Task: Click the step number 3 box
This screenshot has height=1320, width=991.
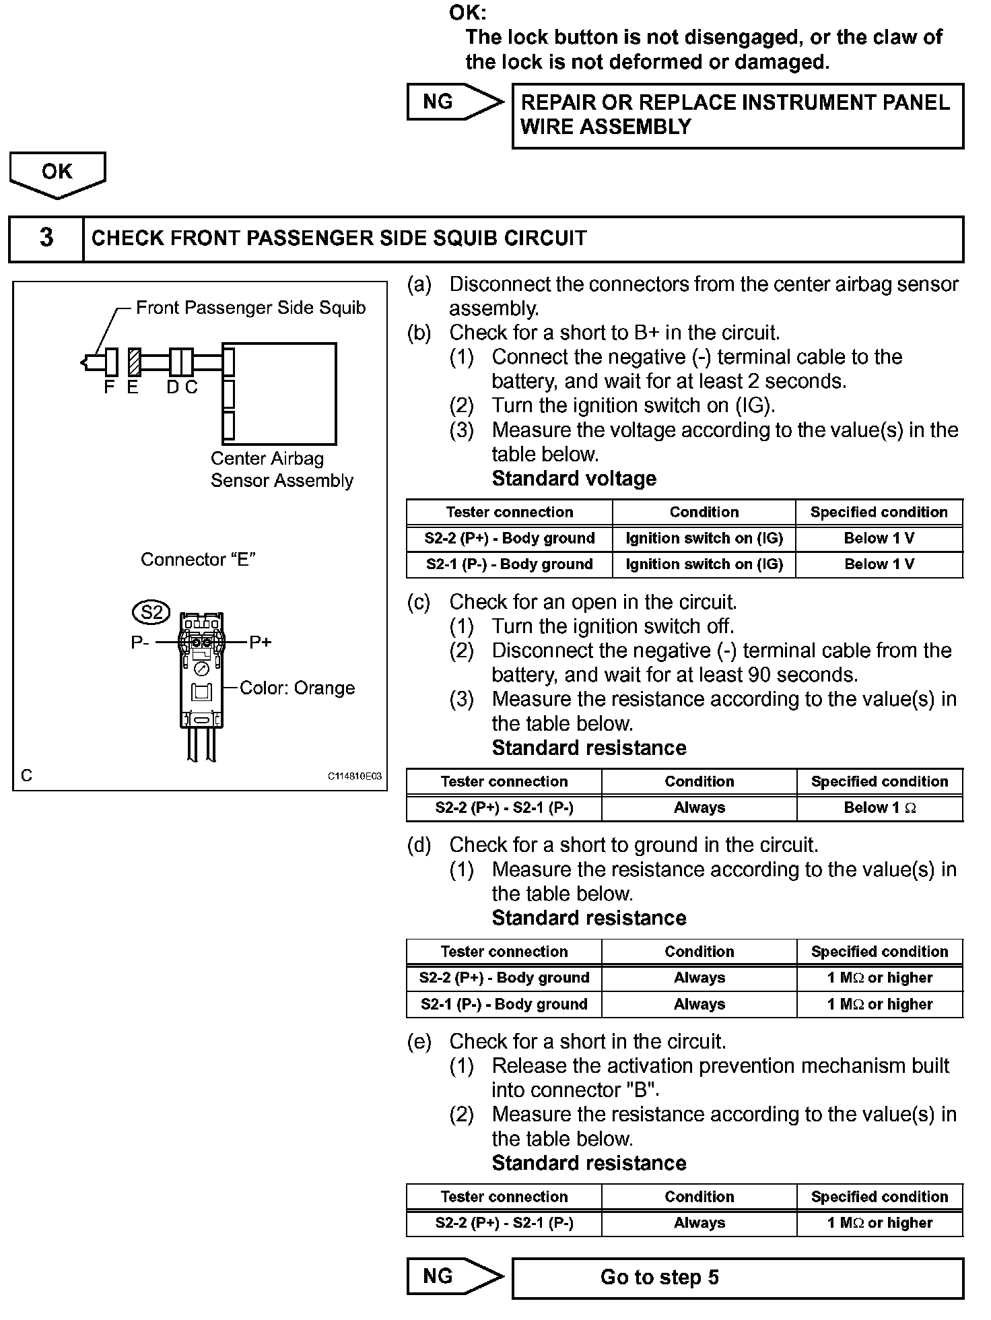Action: (x=46, y=238)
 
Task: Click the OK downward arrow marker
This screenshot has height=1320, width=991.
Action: (x=57, y=173)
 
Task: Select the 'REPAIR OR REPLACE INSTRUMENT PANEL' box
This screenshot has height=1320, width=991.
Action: (x=737, y=115)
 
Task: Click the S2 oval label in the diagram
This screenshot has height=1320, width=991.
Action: (x=151, y=612)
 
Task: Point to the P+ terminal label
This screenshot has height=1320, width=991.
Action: (x=261, y=642)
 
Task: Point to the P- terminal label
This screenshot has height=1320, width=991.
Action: (x=140, y=642)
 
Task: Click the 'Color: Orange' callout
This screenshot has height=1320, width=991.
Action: (x=297, y=688)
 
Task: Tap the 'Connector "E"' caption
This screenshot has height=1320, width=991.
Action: (x=198, y=560)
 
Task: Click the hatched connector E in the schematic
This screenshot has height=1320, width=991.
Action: (x=134, y=362)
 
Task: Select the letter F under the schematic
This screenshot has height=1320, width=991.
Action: (x=109, y=388)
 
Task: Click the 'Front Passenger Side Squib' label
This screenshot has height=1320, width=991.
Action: (x=250, y=308)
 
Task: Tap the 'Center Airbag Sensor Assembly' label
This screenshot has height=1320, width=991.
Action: (x=281, y=469)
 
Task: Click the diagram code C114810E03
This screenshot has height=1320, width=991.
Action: (x=354, y=777)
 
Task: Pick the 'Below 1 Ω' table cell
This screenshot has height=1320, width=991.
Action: (x=879, y=807)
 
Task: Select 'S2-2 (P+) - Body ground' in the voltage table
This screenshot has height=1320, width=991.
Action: (x=510, y=538)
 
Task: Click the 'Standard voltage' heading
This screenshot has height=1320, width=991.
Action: (x=574, y=479)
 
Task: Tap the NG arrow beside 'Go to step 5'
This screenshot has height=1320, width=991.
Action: (x=454, y=1277)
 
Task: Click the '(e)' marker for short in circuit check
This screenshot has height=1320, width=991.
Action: (x=419, y=1042)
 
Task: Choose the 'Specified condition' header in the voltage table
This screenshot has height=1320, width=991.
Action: (x=879, y=512)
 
